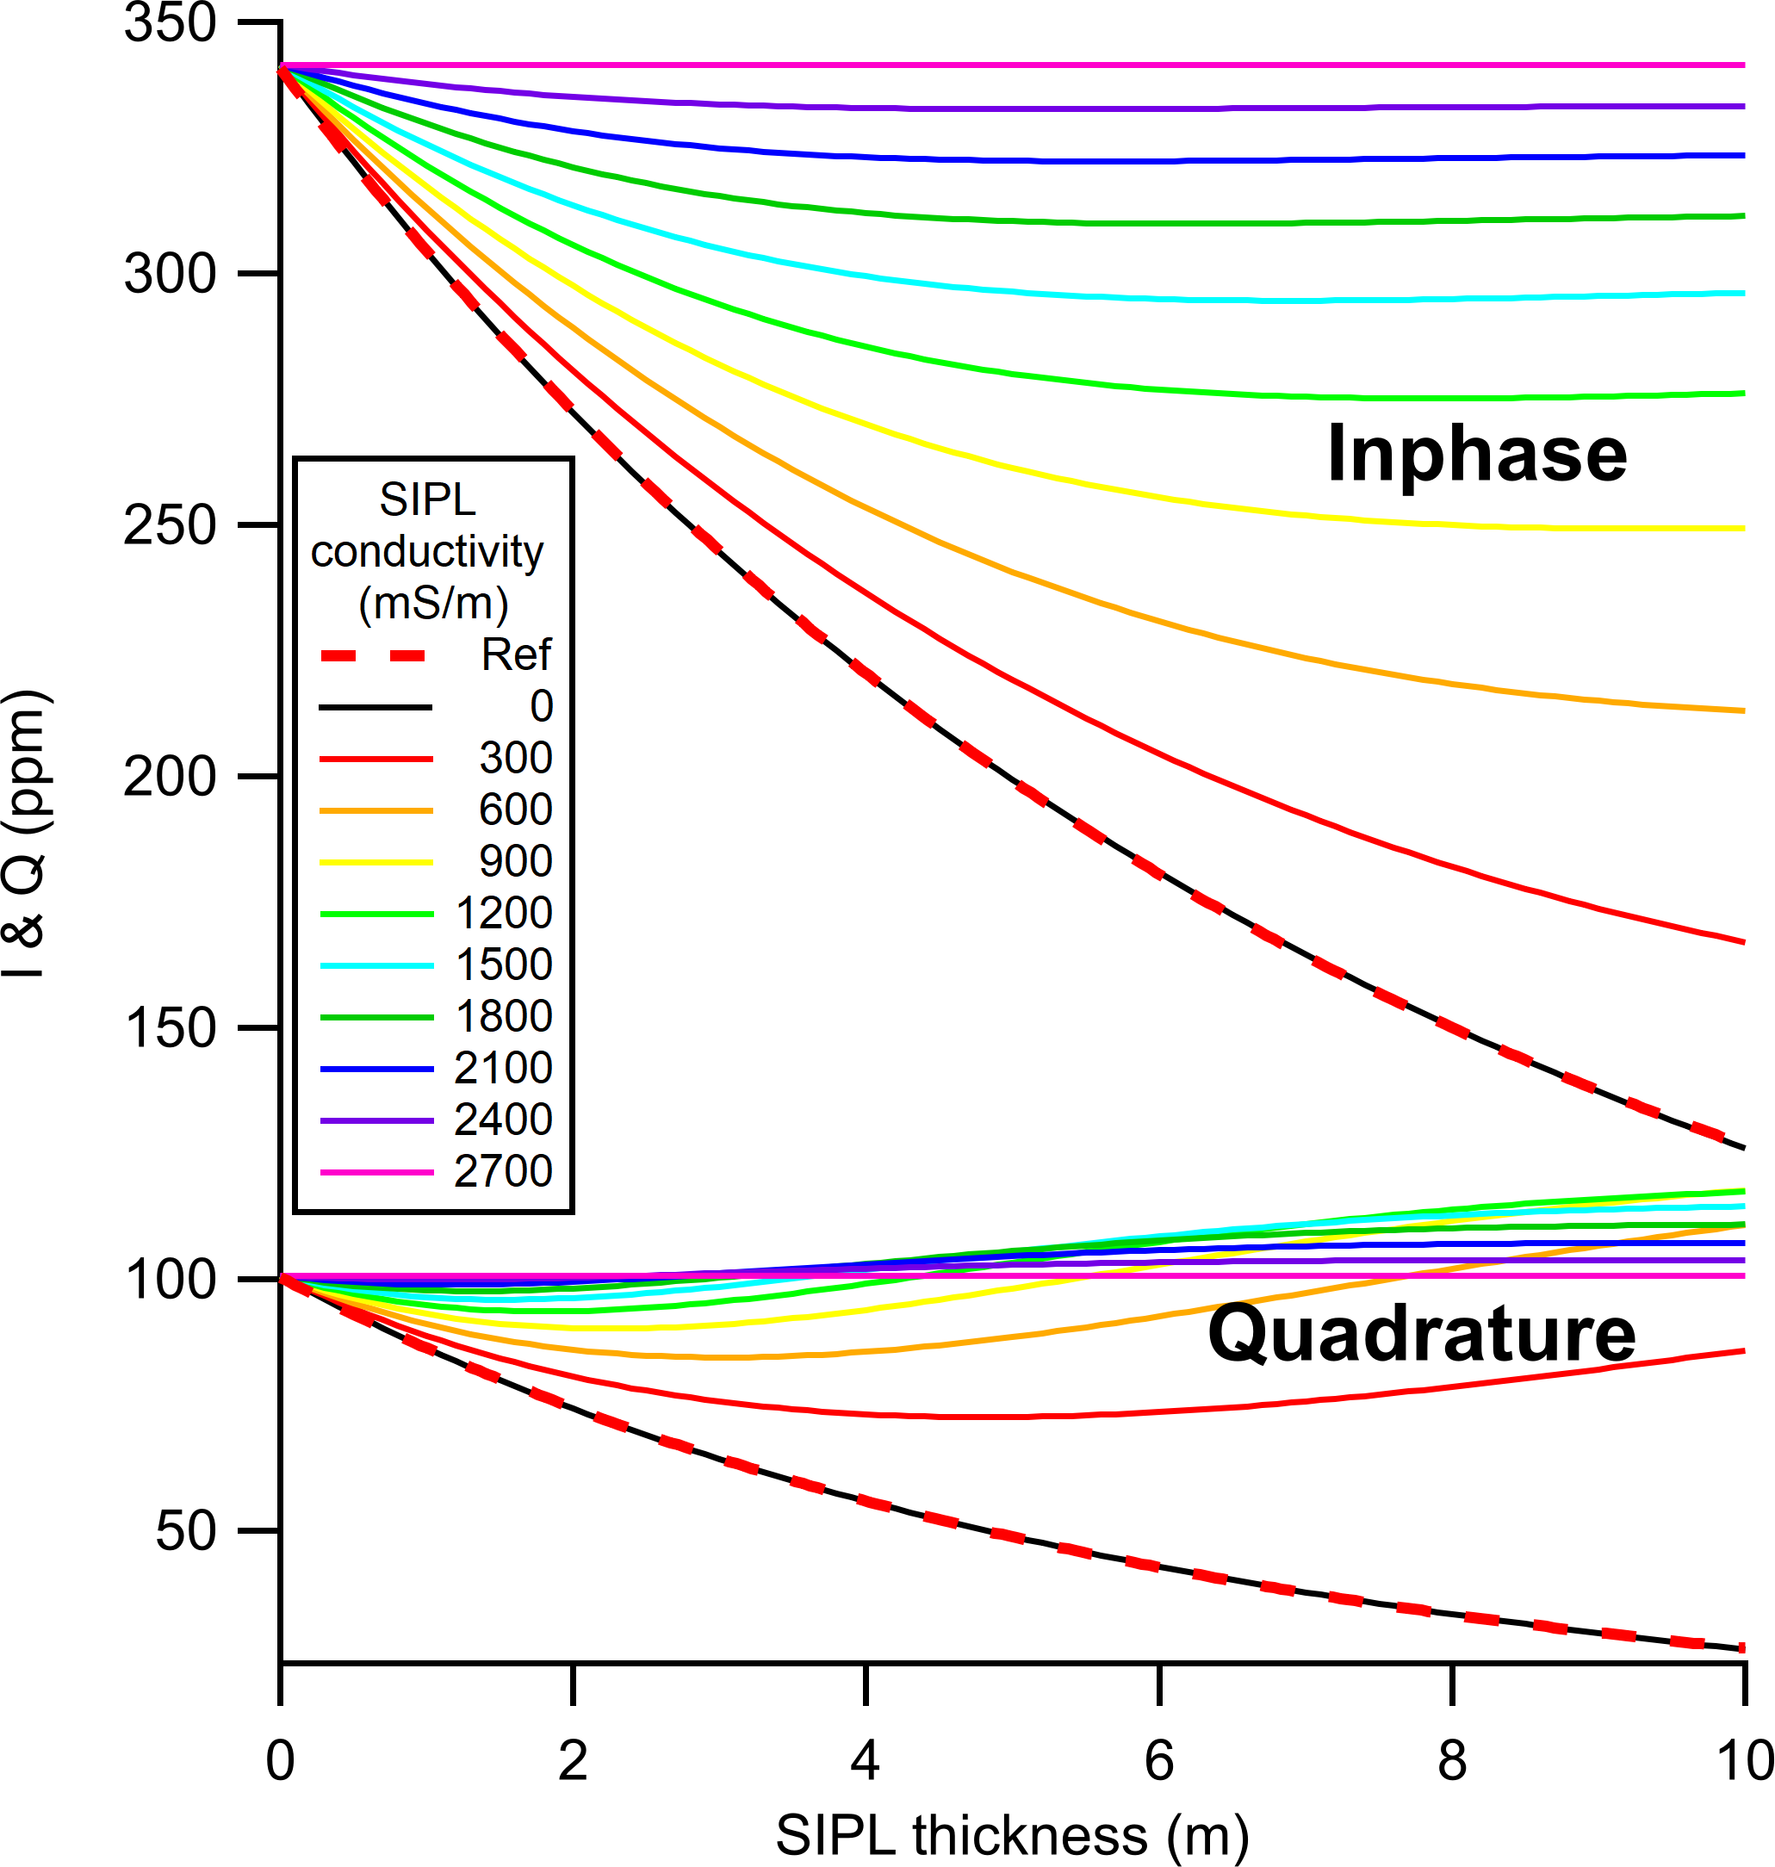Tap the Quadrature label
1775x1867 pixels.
click(1421, 1333)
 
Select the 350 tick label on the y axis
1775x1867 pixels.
click(171, 22)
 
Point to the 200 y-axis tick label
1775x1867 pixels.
click(171, 777)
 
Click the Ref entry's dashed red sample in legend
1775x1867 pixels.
click(375, 655)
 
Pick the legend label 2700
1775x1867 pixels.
click(503, 1171)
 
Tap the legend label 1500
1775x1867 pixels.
click(503, 965)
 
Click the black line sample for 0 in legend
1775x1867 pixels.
click(375, 707)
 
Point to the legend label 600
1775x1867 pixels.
click(515, 810)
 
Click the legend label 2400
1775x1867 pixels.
click(503, 1120)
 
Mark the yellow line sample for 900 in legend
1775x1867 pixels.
click(375, 862)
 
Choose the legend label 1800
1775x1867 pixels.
click(503, 1017)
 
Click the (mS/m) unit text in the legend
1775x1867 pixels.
click(433, 603)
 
